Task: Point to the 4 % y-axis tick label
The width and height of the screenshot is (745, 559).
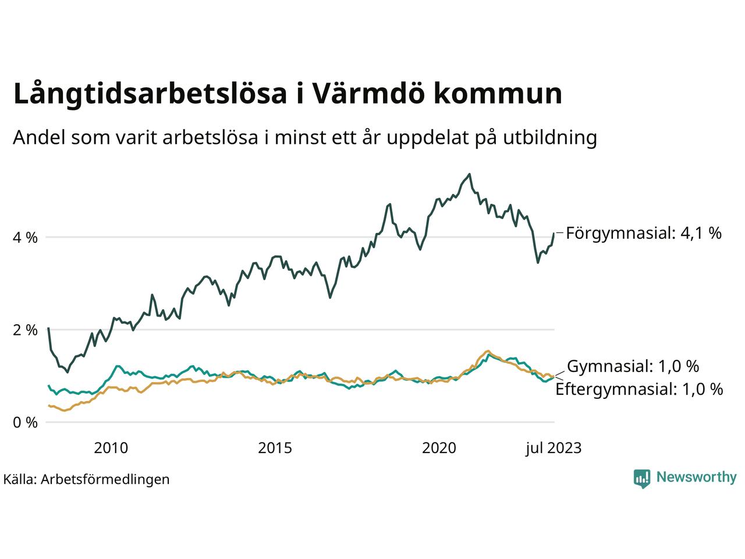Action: coord(25,238)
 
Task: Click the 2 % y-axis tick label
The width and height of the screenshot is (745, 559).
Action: coord(25,330)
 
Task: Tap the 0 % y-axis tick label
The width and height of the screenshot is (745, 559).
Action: coord(25,422)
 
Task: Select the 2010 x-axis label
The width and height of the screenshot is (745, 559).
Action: coord(111,448)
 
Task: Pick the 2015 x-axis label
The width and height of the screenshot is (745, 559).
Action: coord(275,448)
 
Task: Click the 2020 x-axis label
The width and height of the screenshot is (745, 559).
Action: coord(439,448)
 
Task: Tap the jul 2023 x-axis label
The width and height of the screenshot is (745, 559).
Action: coord(553,448)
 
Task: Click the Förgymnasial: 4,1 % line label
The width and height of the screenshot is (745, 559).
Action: coord(643,233)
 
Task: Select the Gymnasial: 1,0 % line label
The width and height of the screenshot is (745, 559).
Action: coord(633,366)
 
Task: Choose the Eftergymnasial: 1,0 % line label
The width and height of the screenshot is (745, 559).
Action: coord(639,389)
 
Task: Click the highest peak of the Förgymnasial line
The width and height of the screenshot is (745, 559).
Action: coord(470,174)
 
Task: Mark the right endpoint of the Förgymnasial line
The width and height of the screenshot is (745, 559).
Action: coord(554,233)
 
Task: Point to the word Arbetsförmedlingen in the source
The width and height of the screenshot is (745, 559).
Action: coord(105,479)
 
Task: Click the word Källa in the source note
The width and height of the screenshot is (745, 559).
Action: coord(19,479)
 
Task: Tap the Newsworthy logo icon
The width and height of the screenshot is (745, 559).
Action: coord(642,478)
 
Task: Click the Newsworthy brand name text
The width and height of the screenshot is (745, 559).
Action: coord(696,477)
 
